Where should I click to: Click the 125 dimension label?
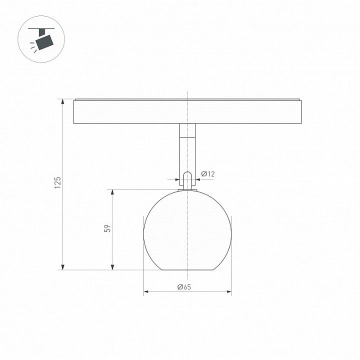tap(57, 182)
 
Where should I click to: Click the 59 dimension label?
tap(107, 228)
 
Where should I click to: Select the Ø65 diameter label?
tap(184, 287)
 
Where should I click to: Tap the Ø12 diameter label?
tap(208, 174)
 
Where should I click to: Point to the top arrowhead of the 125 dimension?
tap(62, 101)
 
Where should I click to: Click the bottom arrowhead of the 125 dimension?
tap(62, 267)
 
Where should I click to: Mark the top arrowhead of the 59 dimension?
tap(112, 192)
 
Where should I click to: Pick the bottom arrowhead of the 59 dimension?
tap(112, 267)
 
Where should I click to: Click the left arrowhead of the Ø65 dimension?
tap(146, 292)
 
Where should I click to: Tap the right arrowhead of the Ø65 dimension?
tap(228, 292)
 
